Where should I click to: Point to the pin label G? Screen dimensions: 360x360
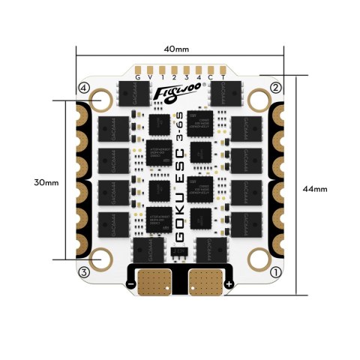pos(137,76)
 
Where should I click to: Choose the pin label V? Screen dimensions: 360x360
pos(150,76)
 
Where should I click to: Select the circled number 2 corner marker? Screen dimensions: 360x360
pos(275,88)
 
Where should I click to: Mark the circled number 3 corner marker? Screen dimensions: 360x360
pos(84,271)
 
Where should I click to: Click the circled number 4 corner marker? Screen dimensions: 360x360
pos(83,88)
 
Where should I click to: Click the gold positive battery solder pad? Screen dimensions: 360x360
pos(205,283)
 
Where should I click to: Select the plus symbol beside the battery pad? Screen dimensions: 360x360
pos(228,286)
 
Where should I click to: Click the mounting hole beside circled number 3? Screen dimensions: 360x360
pos(100,260)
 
